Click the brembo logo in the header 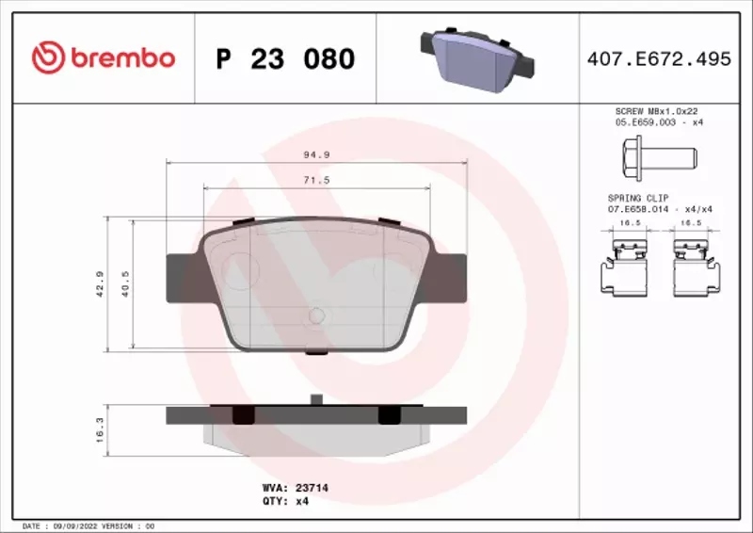pyautogui.click(x=103, y=58)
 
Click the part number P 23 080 pyautogui.click(x=285, y=59)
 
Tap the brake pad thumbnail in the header pyautogui.click(x=474, y=55)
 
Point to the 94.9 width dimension pyautogui.click(x=315, y=153)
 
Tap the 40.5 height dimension pyautogui.click(x=125, y=283)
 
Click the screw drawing pyautogui.click(x=656, y=154)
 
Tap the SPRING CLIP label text pyautogui.click(x=638, y=198)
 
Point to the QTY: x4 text pyautogui.click(x=284, y=502)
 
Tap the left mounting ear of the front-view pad pyautogui.click(x=184, y=278)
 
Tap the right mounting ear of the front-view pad pyautogui.click(x=448, y=279)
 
